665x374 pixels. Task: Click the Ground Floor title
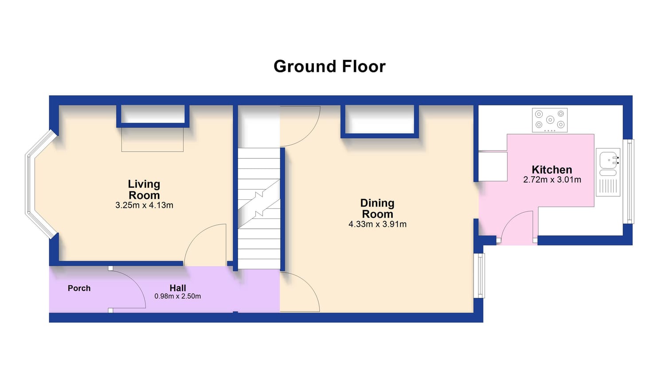(329, 66)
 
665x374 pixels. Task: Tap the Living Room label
(144, 189)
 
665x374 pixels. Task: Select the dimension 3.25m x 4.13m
(144, 205)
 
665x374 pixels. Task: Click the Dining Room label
(377, 208)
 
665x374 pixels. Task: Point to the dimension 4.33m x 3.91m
(377, 224)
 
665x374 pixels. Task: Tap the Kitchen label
(552, 169)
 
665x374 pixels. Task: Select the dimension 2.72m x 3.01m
(552, 179)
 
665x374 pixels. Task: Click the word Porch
(79, 288)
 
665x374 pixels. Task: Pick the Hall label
(178, 288)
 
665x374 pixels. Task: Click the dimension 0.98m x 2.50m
(177, 296)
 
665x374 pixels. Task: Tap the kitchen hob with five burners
(550, 120)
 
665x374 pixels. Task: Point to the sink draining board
(608, 187)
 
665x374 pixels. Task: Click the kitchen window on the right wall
(629, 181)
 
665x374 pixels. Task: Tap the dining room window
(479, 276)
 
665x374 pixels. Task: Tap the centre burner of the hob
(550, 120)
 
